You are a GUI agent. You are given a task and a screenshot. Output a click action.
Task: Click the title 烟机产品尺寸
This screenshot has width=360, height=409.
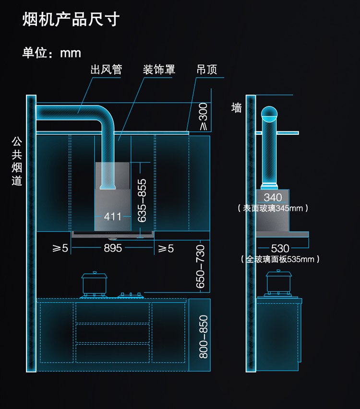click(x=71, y=19)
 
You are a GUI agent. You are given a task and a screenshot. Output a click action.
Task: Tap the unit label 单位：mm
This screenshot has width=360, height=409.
click(x=52, y=53)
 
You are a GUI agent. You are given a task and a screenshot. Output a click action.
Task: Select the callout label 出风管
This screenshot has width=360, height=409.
click(x=106, y=70)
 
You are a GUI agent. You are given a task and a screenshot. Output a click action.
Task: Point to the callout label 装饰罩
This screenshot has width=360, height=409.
click(x=159, y=70)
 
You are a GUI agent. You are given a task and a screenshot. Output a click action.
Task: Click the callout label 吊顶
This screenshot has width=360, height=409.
click(x=207, y=70)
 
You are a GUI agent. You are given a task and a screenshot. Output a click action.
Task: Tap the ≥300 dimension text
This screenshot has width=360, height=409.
click(x=203, y=117)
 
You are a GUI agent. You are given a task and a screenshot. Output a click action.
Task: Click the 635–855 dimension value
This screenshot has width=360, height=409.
click(x=142, y=200)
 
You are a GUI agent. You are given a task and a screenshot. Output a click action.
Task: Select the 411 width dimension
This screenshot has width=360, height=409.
click(x=113, y=217)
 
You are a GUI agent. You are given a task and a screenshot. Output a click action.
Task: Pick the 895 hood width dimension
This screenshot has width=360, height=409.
click(x=113, y=248)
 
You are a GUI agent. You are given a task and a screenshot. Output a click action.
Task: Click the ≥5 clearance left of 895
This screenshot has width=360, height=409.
click(x=60, y=248)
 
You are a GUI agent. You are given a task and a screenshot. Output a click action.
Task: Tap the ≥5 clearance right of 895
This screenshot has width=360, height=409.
click(x=166, y=248)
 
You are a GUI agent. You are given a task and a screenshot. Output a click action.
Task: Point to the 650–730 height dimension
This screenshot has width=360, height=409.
click(x=200, y=266)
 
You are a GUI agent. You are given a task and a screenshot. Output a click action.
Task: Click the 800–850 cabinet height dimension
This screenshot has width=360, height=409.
click(x=204, y=337)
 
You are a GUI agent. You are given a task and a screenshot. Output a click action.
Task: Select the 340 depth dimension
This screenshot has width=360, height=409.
click(x=273, y=197)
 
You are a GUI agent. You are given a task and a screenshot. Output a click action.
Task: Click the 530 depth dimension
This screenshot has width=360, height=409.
click(x=280, y=248)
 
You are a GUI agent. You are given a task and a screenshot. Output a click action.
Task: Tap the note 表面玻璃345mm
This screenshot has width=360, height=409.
click(x=273, y=209)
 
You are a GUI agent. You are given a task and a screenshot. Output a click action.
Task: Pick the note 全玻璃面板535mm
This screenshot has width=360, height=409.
click(x=280, y=259)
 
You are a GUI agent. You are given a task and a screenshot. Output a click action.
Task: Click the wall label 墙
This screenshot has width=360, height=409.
click(x=237, y=108)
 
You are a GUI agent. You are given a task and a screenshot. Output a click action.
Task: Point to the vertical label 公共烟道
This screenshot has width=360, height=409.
click(x=17, y=161)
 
